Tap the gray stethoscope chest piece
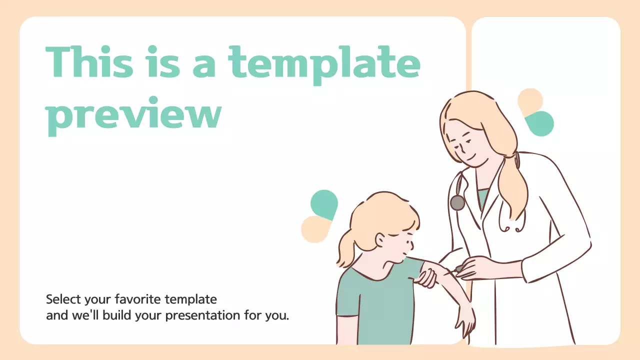pyautogui.click(x=457, y=202)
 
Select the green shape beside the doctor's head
pyautogui.click(x=540, y=124)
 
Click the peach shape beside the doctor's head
pyautogui.click(x=529, y=99)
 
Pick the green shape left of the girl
pyautogui.click(x=324, y=204)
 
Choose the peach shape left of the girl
pyautogui.click(x=314, y=229)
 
